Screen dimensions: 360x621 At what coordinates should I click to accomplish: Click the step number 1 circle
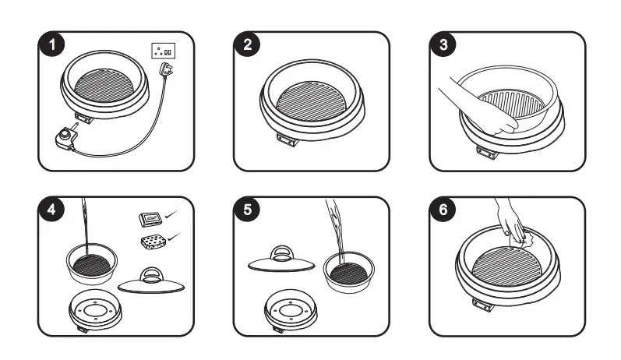tap(53, 46)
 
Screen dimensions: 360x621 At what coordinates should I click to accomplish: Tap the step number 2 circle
tap(248, 46)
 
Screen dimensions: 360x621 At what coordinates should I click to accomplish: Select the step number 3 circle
tap(444, 46)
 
